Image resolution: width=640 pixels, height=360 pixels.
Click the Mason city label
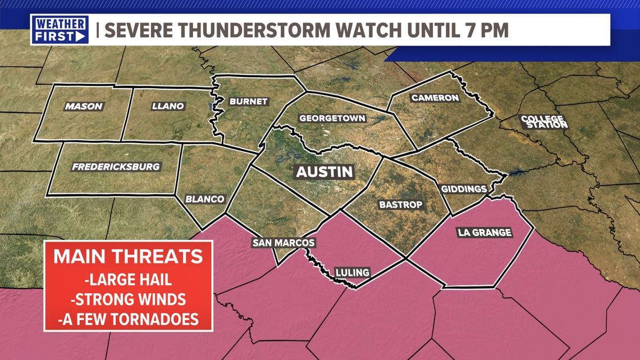tap(84, 106)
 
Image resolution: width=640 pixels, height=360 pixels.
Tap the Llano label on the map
tap(168, 106)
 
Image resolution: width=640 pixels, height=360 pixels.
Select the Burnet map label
tap(248, 102)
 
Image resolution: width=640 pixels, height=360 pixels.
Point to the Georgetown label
tap(332, 119)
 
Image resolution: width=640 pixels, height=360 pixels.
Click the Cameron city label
tap(435, 98)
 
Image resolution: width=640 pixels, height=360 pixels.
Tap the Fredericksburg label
tap(116, 167)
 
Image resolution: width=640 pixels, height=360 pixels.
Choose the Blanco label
tap(205, 199)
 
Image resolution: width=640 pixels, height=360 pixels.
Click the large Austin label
tap(324, 172)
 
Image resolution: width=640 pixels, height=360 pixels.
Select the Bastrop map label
tap(400, 205)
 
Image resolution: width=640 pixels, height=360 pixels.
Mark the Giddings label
tap(463, 189)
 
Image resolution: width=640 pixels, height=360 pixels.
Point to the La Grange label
tap(484, 232)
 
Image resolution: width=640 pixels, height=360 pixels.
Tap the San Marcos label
tap(284, 243)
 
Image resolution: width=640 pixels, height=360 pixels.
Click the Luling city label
tap(352, 272)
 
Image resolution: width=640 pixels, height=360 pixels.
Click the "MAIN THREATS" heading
tap(128, 257)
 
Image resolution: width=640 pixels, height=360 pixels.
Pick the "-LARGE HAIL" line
tap(128, 280)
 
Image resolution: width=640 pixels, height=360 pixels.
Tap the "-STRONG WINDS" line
tap(128, 299)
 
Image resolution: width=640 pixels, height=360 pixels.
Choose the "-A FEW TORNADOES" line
tap(128, 319)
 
